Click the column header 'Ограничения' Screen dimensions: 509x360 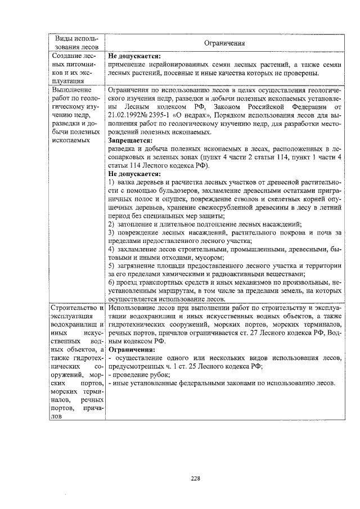tap(224, 43)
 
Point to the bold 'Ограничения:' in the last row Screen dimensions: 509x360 tap(130, 349)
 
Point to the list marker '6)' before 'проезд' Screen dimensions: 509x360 tap(111, 283)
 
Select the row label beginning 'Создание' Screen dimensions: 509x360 tap(67, 56)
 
